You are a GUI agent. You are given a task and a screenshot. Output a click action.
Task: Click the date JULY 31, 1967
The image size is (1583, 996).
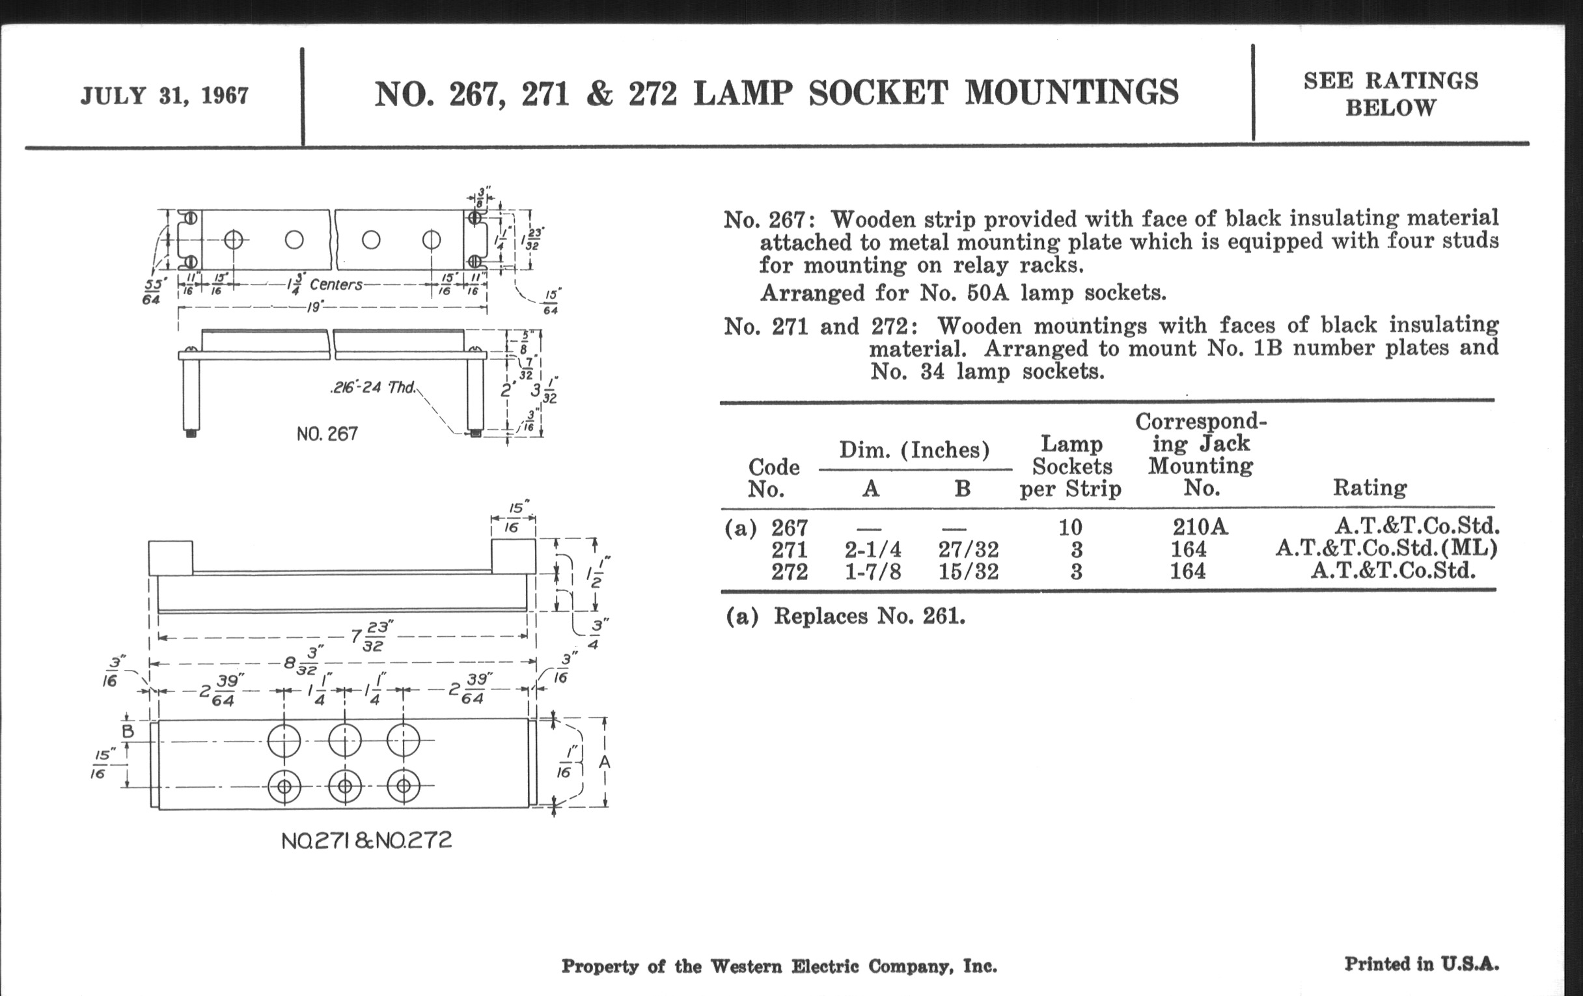pyautogui.click(x=164, y=96)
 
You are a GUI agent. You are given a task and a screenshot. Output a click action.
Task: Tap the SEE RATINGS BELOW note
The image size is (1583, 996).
pyautogui.click(x=1390, y=94)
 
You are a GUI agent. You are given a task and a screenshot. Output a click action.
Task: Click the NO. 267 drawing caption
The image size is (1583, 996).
pyautogui.click(x=327, y=434)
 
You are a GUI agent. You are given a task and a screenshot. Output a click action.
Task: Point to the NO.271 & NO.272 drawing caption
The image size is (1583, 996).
pyautogui.click(x=366, y=841)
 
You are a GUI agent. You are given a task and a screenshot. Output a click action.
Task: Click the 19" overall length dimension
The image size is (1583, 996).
pyautogui.click(x=316, y=307)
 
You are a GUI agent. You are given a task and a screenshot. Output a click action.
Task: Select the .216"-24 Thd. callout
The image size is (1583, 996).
pyautogui.click(x=373, y=387)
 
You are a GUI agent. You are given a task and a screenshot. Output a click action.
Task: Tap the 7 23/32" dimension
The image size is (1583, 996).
pyautogui.click(x=369, y=637)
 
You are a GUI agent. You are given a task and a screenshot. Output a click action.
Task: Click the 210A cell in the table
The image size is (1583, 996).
pyautogui.click(x=1200, y=527)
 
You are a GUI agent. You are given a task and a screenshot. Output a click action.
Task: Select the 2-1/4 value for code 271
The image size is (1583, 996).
pyautogui.click(x=872, y=549)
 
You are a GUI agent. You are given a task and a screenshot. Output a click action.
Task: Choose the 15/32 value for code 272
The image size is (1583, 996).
pyautogui.click(x=968, y=572)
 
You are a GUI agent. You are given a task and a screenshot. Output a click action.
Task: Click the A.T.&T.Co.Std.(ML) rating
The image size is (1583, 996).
pyautogui.click(x=1386, y=548)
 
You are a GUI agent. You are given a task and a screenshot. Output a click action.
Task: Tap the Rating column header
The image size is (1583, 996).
pyautogui.click(x=1370, y=487)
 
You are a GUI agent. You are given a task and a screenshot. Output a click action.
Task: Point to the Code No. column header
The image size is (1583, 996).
pyautogui.click(x=773, y=478)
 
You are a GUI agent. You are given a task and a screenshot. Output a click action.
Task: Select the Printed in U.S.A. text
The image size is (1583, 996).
pyautogui.click(x=1422, y=964)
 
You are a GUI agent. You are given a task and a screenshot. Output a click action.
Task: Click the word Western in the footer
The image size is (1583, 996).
pyautogui.click(x=747, y=967)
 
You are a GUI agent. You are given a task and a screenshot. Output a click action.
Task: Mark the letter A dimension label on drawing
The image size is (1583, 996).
pyautogui.click(x=605, y=762)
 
